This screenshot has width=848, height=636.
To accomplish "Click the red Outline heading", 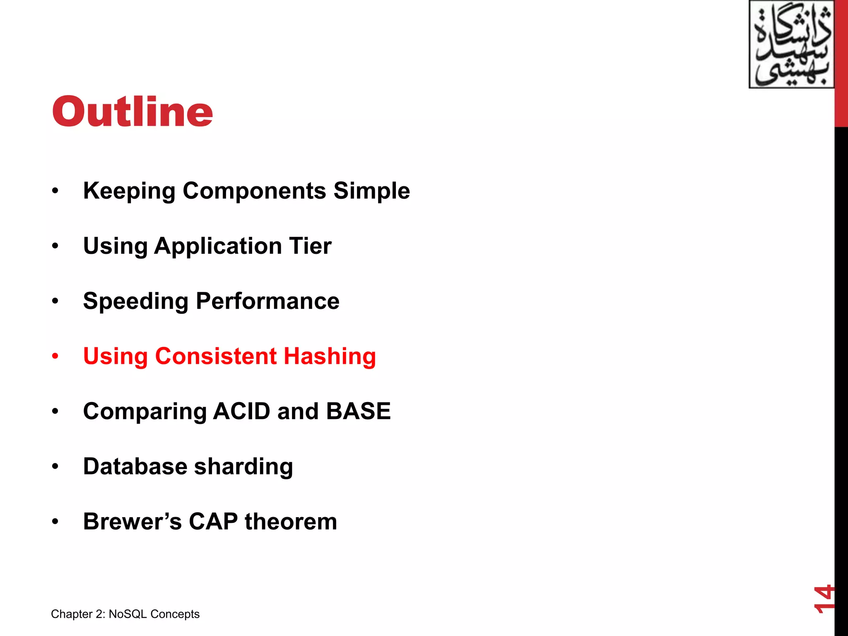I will point(132,111).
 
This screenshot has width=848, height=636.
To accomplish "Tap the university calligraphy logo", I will point(791,45).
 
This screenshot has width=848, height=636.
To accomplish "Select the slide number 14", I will point(824,599).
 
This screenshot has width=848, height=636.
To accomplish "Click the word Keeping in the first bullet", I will point(129,191).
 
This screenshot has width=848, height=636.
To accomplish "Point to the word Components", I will point(255,191).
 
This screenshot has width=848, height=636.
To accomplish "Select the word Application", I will point(218,246).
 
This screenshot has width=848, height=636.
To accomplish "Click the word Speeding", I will point(135,301).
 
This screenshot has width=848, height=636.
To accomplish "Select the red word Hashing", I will point(330,357).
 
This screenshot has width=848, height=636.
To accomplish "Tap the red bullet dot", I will point(55,356).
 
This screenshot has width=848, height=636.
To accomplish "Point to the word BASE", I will point(358,411).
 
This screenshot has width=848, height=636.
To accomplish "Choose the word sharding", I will point(243,467).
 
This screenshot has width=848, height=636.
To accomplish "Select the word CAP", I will point(213,521).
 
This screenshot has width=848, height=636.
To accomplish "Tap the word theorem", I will point(291,521).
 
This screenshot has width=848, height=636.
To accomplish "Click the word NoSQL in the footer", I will point(128,614).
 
